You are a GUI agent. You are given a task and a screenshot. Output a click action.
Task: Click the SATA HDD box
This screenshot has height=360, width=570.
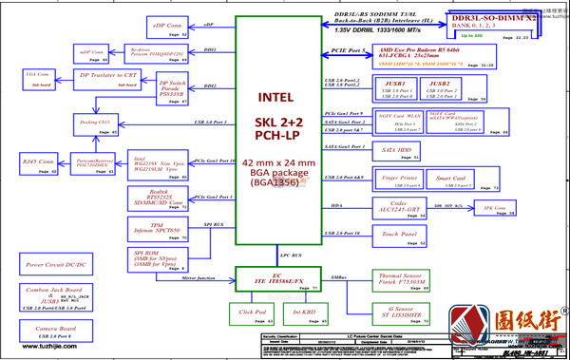pyautogui.click(x=400, y=153)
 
